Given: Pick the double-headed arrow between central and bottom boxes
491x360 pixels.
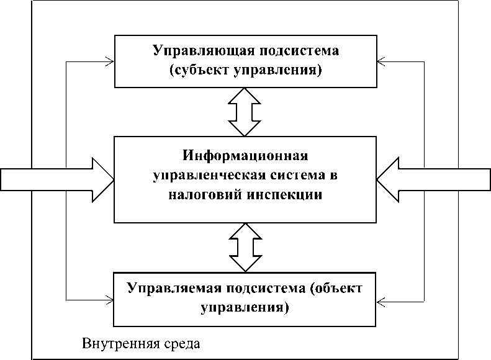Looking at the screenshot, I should [x=245, y=247].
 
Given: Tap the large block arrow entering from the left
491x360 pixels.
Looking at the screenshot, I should [x=56, y=180].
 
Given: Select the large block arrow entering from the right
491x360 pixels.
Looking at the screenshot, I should [x=435, y=180].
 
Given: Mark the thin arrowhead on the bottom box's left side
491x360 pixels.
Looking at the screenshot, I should [x=110, y=301].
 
